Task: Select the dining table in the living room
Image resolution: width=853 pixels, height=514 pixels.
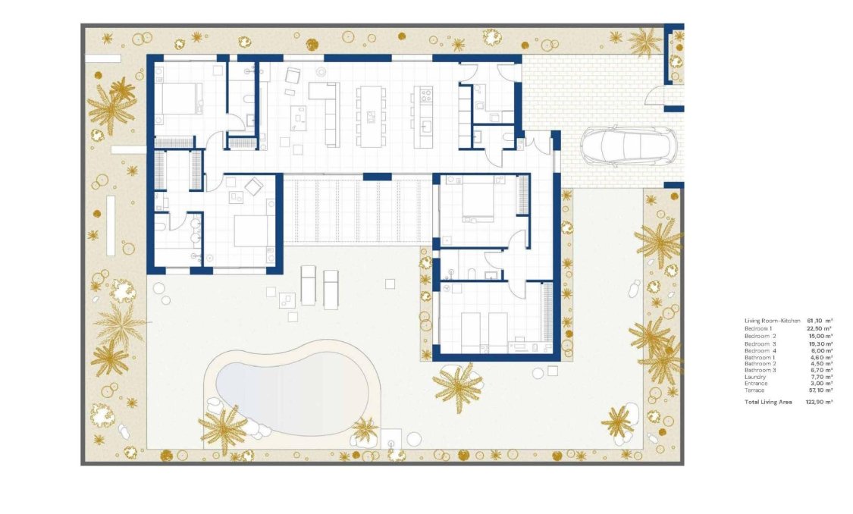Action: click(x=370, y=115)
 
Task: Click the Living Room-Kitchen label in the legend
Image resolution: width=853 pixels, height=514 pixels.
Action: click(x=772, y=321)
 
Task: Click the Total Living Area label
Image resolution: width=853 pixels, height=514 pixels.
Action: click(x=768, y=402)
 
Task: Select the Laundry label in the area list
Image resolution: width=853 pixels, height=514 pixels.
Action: click(x=755, y=377)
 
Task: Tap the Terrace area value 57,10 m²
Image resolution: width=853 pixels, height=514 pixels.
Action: click(x=820, y=390)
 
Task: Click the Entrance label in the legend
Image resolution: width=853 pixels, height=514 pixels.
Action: click(x=756, y=384)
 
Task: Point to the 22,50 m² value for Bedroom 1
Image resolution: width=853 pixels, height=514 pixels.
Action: click(x=820, y=328)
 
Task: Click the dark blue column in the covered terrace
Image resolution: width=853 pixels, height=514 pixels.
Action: click(x=377, y=177)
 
